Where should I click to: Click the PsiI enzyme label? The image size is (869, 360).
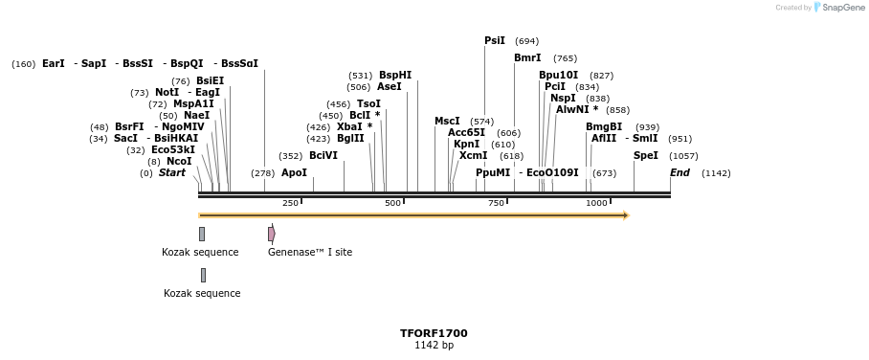(495, 41)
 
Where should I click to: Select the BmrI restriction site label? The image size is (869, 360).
(527, 58)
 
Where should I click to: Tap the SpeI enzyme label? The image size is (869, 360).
(646, 155)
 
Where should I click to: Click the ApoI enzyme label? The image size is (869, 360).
(294, 173)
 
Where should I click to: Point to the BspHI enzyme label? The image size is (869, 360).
(395, 75)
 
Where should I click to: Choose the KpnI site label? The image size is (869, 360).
(467, 145)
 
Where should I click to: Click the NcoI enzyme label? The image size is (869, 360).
(179, 162)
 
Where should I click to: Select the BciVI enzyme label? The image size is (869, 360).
(323, 156)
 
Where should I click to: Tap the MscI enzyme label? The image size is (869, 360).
(447, 122)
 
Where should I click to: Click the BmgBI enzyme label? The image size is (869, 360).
(604, 127)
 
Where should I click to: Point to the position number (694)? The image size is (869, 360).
(526, 41)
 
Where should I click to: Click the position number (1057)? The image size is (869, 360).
(682, 156)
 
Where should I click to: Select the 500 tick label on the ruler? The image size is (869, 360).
(392, 203)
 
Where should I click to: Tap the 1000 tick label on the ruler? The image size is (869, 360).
(596, 203)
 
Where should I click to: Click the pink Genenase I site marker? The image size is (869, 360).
(272, 234)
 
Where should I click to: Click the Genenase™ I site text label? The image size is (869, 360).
(310, 253)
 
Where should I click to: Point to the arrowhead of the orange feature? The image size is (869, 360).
(626, 215)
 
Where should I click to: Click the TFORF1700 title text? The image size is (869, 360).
(434, 333)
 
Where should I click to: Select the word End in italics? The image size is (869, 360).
(680, 173)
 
